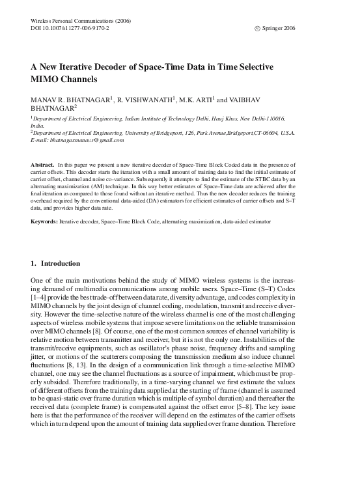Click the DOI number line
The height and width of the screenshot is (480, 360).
[x=70, y=29]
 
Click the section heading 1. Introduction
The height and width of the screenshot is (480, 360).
[x=55, y=264]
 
